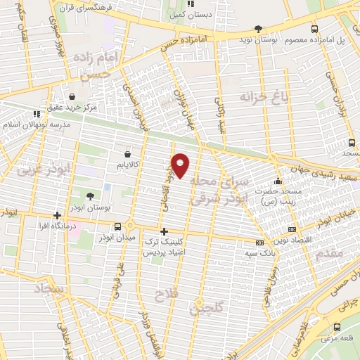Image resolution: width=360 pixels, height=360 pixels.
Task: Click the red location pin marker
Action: point(181,165)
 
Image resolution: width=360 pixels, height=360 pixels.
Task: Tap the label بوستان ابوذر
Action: point(90,208)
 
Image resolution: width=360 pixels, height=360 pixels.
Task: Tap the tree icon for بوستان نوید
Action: point(259,29)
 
